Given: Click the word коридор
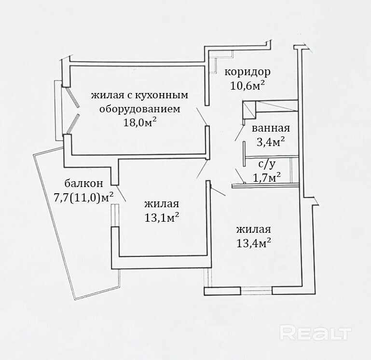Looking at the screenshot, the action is [247, 72].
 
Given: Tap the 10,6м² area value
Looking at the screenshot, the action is [247, 86].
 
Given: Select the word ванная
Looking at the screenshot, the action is [271, 128].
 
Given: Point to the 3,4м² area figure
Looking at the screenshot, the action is [271, 142].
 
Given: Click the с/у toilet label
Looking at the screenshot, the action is [267, 164].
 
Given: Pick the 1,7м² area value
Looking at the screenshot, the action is [267, 177].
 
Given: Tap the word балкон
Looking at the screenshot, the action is [84, 183].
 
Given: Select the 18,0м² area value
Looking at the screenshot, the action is [140, 122].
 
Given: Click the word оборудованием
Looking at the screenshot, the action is [140, 109].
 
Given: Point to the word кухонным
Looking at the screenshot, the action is [162, 95].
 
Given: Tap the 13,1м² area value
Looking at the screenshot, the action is [162, 218].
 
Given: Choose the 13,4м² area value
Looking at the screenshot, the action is [254, 243].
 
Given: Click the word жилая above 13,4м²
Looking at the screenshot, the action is [253, 229].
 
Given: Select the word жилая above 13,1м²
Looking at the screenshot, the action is [162, 204].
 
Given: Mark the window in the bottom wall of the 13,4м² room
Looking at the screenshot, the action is [256, 291].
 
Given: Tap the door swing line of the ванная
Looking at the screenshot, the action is [239, 133].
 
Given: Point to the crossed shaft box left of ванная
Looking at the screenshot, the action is [249, 110].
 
